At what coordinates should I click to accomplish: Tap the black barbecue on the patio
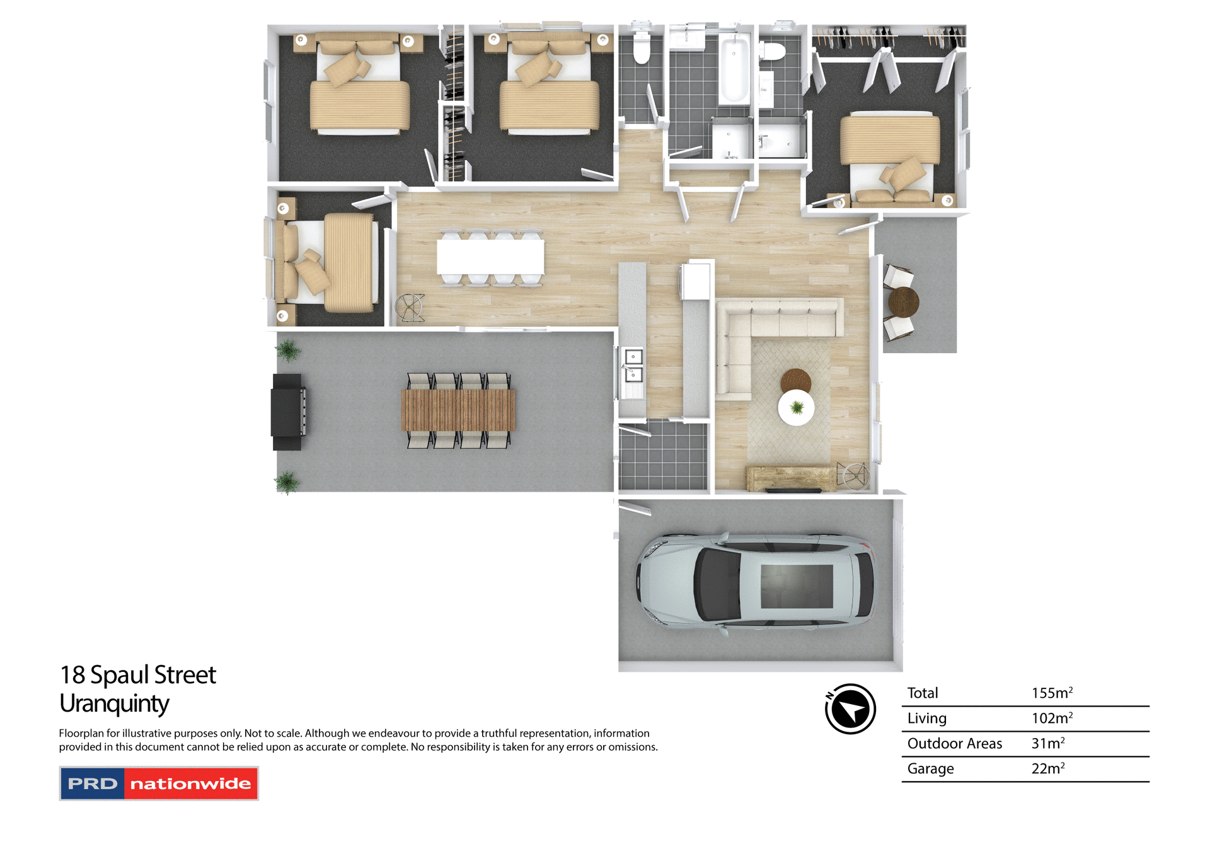click(287, 412)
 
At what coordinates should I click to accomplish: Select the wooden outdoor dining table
click(458, 410)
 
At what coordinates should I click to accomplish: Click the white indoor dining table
click(490, 257)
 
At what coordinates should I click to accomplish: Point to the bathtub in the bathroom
click(734, 69)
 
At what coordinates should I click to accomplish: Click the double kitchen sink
click(633, 366)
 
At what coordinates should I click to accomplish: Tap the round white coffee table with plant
click(796, 408)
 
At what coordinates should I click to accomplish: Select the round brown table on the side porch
click(903, 302)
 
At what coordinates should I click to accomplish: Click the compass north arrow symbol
click(850, 709)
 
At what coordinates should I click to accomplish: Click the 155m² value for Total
click(1051, 693)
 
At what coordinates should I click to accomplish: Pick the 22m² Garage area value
click(1047, 769)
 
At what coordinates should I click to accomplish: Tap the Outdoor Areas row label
click(954, 744)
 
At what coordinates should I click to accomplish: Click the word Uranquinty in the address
click(114, 703)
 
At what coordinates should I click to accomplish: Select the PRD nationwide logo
click(159, 783)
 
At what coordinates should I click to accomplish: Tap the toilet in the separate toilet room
click(642, 49)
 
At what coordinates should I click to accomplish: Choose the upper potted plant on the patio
click(288, 350)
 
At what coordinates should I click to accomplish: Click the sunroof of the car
click(797, 586)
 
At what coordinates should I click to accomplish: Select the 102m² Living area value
click(1051, 719)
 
